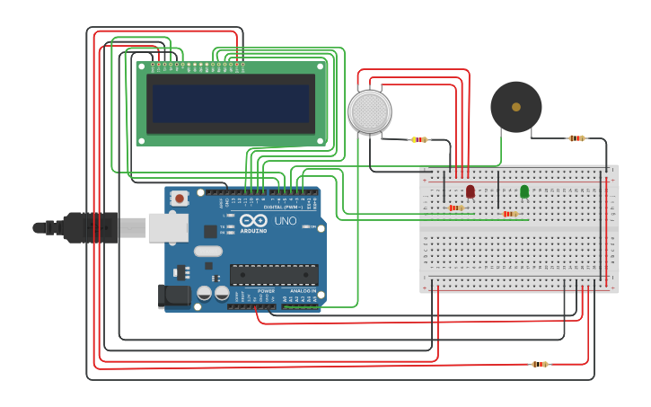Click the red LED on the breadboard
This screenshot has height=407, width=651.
471,191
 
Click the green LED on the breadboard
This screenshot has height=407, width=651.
524,191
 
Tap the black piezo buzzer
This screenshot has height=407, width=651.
515,107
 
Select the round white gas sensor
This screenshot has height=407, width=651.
370,111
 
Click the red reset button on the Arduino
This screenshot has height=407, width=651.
180,199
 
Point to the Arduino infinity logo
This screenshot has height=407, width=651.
253,221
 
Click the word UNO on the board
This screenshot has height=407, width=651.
285,221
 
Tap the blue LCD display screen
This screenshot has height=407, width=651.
231,103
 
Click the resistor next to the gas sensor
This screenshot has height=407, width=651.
418,139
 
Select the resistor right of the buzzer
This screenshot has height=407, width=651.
576,138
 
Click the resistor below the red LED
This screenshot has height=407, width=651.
456,208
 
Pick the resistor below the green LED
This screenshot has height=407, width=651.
510,214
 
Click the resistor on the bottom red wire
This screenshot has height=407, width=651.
539,364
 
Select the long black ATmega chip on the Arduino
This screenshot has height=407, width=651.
274,274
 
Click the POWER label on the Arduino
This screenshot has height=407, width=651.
266,291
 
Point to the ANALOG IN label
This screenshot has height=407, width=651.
302,291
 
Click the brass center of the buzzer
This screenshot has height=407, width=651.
515,107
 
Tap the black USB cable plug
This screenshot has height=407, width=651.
90,227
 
